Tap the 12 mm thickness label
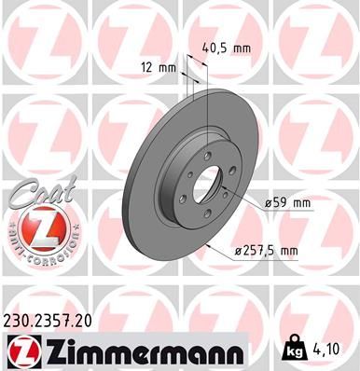point(159,67)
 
